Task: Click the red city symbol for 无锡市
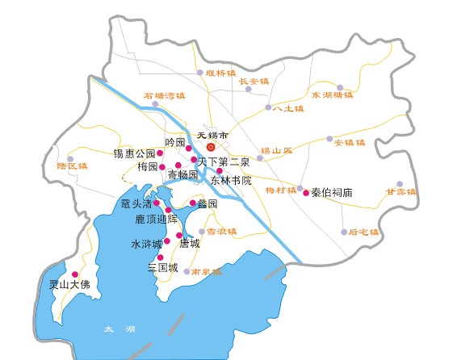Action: coord(210,148)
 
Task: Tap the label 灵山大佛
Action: coord(69,285)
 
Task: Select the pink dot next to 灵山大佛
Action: coord(75,274)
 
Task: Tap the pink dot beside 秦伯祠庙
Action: coord(305,193)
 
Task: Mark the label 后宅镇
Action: coord(363,232)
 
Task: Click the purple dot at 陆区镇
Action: coord(70,159)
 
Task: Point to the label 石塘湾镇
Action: coord(165,95)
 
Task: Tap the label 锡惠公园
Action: coord(134,153)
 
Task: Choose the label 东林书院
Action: coord(231,180)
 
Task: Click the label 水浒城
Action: coord(146,243)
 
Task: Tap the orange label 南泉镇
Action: coord(207,272)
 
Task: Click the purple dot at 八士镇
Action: coord(268,107)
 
